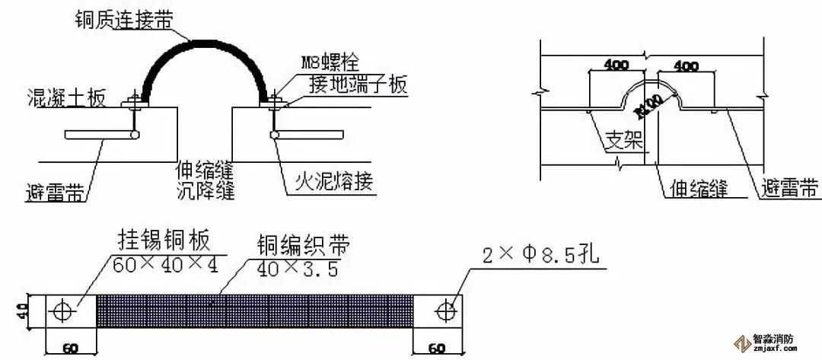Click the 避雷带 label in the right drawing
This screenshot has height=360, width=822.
pyautogui.click(x=789, y=186)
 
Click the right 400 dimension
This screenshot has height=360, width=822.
pyautogui.click(x=685, y=66)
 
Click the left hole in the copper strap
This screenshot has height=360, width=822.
pyautogui.click(x=64, y=311)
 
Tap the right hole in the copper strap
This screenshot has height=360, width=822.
pyautogui.click(x=446, y=311)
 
